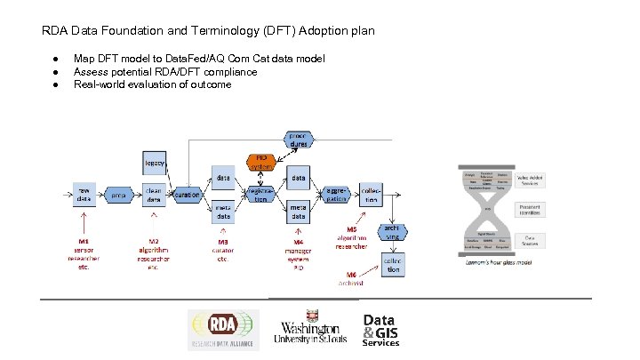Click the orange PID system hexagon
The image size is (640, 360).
(x=261, y=162)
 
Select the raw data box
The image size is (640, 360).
(x=84, y=195)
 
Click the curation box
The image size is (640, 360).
(x=187, y=195)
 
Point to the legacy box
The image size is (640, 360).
(x=156, y=163)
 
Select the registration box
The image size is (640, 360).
(x=260, y=195)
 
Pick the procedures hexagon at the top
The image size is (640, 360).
(x=298, y=140)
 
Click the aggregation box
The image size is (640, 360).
(x=335, y=195)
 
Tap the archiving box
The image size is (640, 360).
(x=392, y=233)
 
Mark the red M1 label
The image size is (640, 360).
(x=84, y=241)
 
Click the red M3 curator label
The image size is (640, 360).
(x=224, y=242)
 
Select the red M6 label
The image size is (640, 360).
(x=352, y=275)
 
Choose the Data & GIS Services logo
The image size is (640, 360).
(x=380, y=330)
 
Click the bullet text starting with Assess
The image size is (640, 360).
(x=165, y=72)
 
